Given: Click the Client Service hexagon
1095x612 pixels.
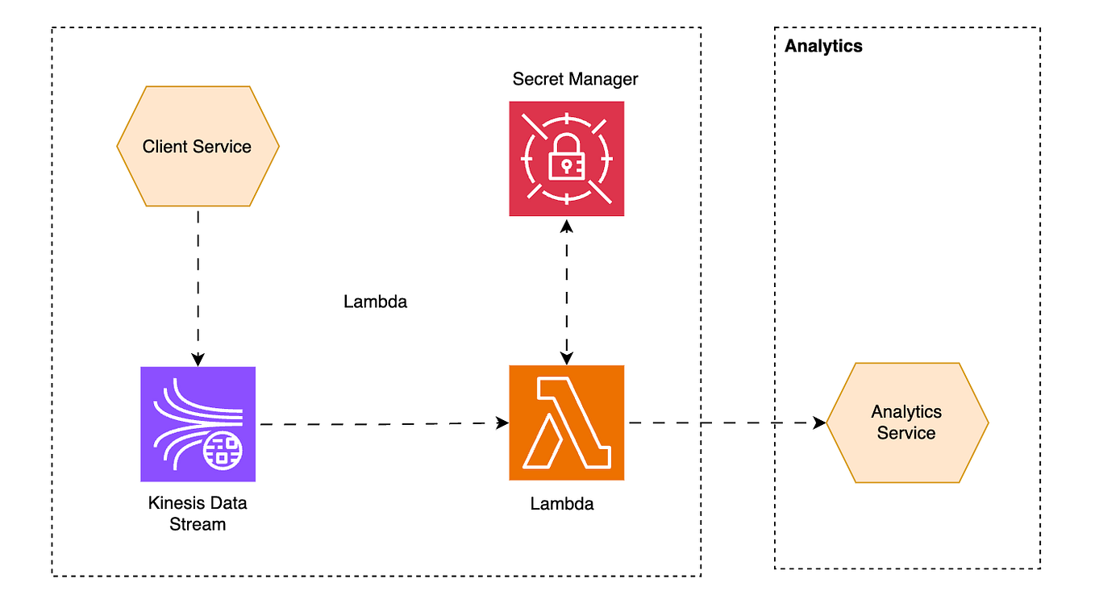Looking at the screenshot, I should point(198,146).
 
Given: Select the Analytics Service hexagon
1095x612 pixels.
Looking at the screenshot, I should point(906,423).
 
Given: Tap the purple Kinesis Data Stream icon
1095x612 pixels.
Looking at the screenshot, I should point(198,423).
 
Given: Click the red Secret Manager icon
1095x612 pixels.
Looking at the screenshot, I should point(566,158).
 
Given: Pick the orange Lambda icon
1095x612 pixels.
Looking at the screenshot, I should point(566,423).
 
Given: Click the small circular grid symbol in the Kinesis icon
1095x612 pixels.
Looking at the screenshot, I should point(223,450).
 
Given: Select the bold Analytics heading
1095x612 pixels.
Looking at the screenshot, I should point(823,46).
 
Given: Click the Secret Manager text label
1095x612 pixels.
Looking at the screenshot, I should point(575,79).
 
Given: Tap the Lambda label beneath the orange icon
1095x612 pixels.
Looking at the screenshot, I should point(562,504).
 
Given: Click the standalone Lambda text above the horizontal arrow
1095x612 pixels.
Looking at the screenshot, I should point(375,302).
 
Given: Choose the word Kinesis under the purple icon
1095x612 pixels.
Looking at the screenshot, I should point(175,503).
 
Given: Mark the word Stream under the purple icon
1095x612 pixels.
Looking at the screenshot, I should point(198,524).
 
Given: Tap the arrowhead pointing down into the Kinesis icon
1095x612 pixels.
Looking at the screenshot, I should point(198,360).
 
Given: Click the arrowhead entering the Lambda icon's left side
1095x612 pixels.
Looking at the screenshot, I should point(502,423).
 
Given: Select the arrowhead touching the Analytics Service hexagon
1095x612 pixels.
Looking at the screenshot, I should point(819,423).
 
